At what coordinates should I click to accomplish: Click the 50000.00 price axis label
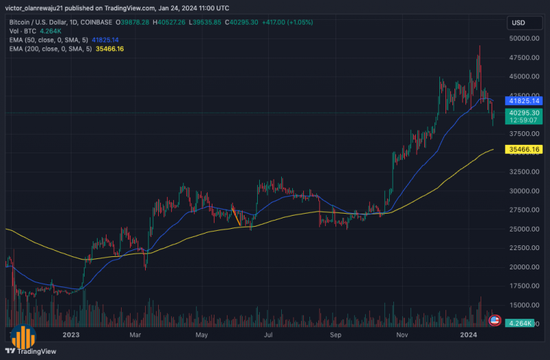click(524, 38)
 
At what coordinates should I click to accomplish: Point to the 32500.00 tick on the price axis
click(524, 172)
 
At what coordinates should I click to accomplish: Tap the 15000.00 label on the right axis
click(524, 305)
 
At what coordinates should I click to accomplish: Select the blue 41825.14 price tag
click(525, 100)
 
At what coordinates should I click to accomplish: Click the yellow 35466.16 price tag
click(525, 149)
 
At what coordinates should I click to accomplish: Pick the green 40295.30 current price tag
click(525, 112)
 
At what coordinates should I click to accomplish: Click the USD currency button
click(519, 23)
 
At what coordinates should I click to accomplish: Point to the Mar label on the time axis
click(135, 335)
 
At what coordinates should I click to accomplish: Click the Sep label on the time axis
click(335, 335)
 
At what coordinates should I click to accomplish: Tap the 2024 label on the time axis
click(469, 335)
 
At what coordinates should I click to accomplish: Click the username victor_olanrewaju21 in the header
click(34, 8)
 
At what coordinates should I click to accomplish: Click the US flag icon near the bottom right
click(494, 320)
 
